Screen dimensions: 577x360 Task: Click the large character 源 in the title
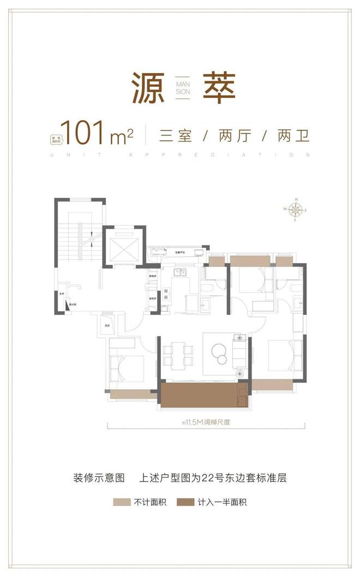coord(148,88)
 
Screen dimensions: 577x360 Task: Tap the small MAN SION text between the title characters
coord(183,88)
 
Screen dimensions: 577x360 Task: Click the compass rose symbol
coord(295,210)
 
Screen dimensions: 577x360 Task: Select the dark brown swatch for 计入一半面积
coord(186,502)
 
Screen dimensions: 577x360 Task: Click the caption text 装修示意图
coord(99,478)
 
